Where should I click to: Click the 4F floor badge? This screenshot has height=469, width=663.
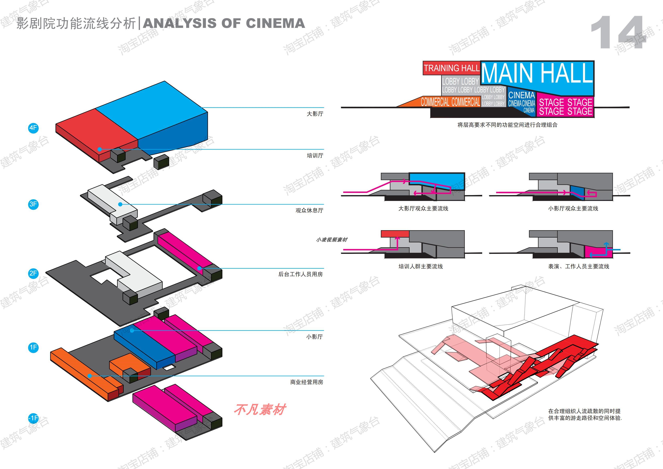click(x=33, y=128)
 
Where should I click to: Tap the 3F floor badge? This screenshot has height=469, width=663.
click(x=33, y=204)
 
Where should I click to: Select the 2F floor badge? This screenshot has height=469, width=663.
click(x=33, y=273)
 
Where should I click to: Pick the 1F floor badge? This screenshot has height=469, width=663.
click(x=33, y=347)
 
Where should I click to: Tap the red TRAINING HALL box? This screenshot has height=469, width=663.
click(x=451, y=68)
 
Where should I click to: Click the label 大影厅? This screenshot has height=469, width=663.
click(x=315, y=114)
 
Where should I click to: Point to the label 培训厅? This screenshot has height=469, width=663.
click(x=315, y=156)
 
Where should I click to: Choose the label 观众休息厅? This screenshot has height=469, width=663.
click(x=309, y=211)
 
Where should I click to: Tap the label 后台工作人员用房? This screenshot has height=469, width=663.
click(x=301, y=274)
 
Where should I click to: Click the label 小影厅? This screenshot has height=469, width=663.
click(x=315, y=337)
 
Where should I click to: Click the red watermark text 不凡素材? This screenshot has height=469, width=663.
click(x=260, y=409)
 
